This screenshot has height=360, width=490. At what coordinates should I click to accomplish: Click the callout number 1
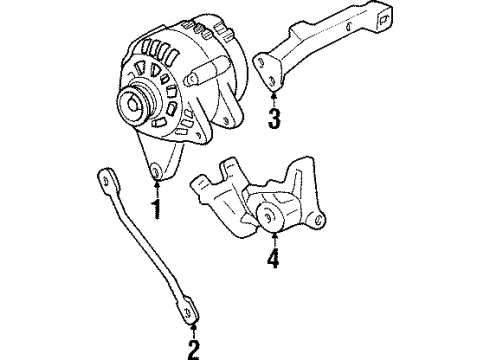156,209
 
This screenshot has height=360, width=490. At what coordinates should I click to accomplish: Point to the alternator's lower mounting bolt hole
155,178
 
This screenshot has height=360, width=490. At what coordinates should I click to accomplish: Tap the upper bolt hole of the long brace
103,178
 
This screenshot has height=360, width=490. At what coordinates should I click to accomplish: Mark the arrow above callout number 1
156,189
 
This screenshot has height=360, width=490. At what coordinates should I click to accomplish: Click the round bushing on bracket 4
268,215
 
